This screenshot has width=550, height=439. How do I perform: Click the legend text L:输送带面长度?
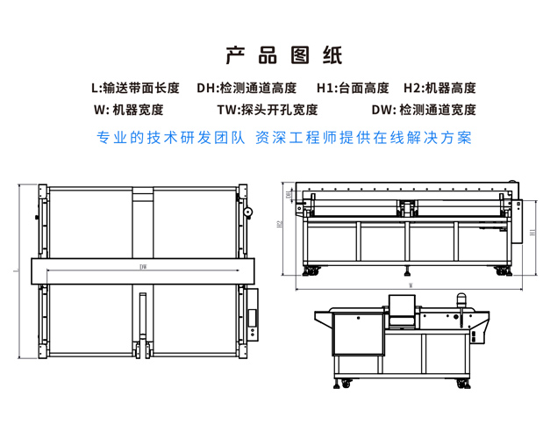(x=135, y=88)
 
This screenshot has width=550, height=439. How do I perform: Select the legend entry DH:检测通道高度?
(x=246, y=88)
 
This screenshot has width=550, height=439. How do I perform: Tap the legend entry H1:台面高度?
(x=352, y=88)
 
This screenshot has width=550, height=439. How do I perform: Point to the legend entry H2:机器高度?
(x=439, y=88)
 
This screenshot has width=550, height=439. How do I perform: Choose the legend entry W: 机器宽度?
(x=127, y=111)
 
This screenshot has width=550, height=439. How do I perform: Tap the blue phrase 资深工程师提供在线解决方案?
(x=362, y=138)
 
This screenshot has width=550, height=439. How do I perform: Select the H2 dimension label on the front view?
(x=278, y=225)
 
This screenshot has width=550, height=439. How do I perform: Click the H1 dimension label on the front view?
(x=532, y=232)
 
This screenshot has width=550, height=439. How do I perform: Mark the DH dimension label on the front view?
(x=289, y=194)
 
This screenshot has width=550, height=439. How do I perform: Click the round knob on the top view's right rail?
(x=248, y=212)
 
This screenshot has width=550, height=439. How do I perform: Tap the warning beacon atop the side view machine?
(x=459, y=299)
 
